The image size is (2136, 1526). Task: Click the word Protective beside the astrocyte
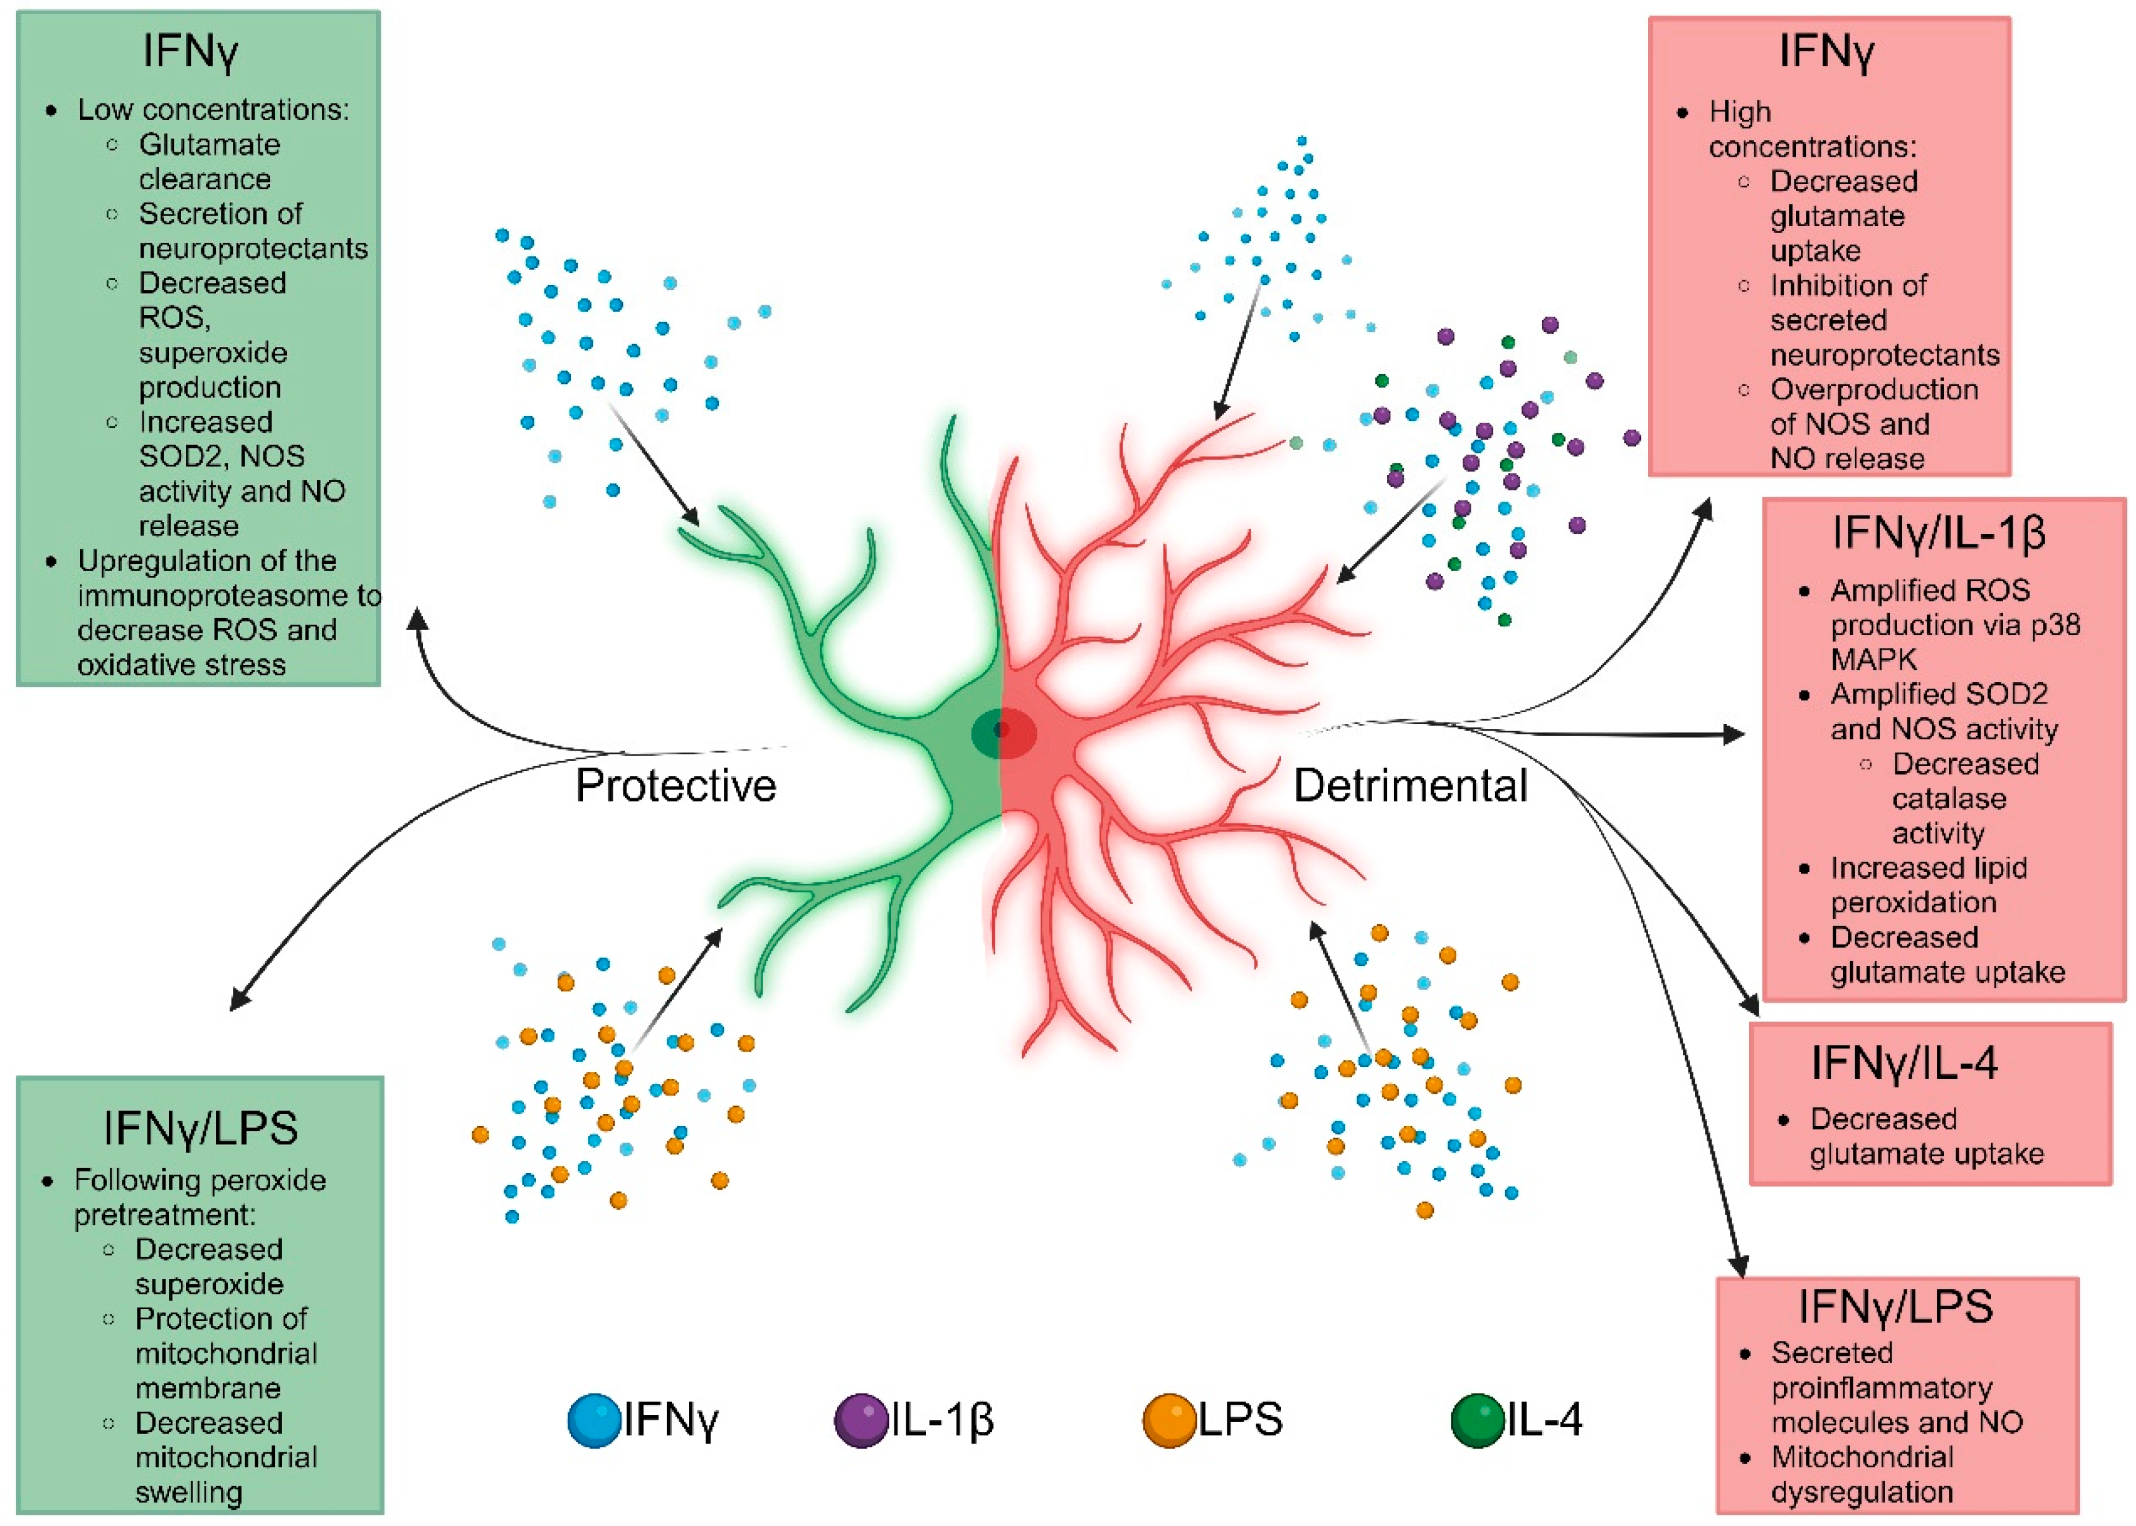coord(676,785)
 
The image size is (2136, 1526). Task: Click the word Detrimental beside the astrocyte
coord(1411,785)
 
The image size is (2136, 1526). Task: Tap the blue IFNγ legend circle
coord(595,1420)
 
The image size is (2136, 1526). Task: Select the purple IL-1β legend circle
coord(861,1420)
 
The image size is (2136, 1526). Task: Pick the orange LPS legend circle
coord(1169,1420)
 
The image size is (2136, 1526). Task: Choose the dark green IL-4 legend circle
coord(1477,1420)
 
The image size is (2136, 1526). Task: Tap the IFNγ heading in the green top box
coord(191,51)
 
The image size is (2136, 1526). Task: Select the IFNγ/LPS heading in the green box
coord(200,1128)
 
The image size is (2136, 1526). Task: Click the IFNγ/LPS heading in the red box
coord(1896,1307)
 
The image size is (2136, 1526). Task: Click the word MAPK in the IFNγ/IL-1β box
coord(1873,660)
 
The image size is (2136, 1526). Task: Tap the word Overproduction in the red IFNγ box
coord(1874,389)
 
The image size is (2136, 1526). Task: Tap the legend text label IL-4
coord(1545,1420)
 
